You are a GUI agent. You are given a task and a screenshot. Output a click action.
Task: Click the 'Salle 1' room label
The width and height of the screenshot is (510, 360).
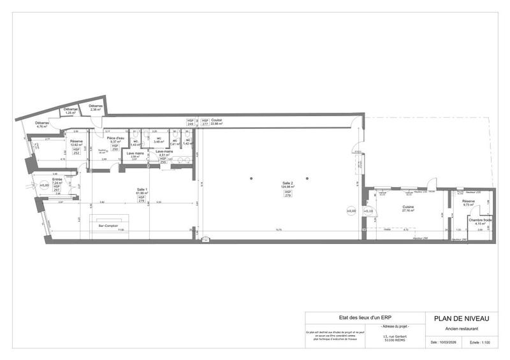point(142,189)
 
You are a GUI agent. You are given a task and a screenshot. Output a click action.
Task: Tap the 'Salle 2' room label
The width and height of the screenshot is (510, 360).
point(288,183)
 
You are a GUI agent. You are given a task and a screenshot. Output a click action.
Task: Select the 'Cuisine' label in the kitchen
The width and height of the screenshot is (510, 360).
point(408,207)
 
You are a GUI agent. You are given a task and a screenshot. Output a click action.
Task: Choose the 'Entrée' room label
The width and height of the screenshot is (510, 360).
point(57,179)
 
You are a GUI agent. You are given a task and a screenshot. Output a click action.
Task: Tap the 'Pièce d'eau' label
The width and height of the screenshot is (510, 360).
point(115,138)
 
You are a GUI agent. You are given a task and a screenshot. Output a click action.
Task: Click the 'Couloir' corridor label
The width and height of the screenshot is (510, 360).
point(217,119)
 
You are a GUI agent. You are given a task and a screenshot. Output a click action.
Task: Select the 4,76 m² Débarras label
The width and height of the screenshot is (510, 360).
point(43,123)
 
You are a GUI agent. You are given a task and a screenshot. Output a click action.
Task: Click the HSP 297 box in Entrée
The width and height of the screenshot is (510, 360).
point(56,189)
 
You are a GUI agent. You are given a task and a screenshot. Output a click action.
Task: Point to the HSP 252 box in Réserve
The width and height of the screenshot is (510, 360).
point(76,152)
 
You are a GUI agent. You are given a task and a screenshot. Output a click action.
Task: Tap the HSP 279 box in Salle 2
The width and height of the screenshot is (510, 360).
point(288,194)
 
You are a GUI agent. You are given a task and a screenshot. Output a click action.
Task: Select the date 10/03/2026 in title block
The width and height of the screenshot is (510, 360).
point(442,342)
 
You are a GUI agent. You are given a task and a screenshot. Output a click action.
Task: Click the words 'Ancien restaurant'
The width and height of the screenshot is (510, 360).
point(462,329)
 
